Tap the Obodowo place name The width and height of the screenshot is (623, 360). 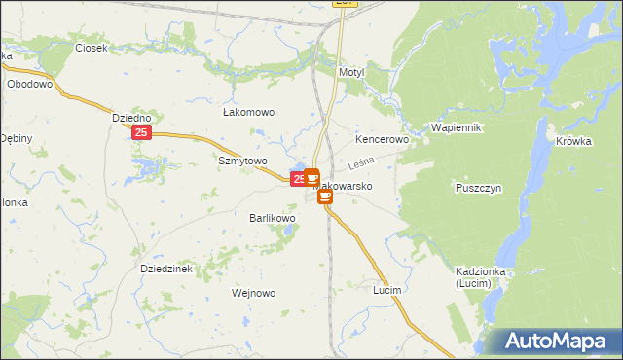pos(29,84)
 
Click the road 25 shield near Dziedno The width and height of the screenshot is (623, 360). pos(142,133)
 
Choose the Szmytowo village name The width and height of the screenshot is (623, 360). pos(242,161)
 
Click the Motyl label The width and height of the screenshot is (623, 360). pos(350,73)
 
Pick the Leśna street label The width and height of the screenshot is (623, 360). pos(362,162)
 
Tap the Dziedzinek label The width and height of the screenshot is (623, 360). pos(169,268)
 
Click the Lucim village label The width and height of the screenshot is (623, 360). pos(387,290)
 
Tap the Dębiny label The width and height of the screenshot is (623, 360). pos(17,138)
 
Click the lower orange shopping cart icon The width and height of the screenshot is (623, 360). pos(324,196)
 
